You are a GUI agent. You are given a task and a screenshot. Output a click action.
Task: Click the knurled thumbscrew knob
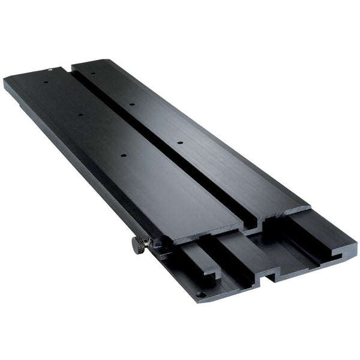(x=139, y=245)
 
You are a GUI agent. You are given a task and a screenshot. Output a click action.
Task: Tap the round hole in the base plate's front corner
(x=201, y=295)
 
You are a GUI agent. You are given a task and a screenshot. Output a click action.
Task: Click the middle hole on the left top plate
(x=80, y=112)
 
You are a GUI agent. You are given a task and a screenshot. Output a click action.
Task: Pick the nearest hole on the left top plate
(x=123, y=156)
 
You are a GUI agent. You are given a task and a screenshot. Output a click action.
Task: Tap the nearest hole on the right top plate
(x=179, y=143)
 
